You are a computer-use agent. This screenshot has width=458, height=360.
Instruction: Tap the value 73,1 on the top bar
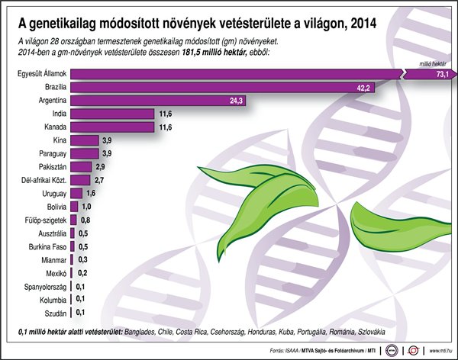pyautogui.click(x=441, y=75)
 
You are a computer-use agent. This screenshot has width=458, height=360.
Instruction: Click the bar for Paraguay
pyautogui.click(x=85, y=154)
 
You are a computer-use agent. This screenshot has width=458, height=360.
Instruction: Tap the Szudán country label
pyautogui.click(x=55, y=312)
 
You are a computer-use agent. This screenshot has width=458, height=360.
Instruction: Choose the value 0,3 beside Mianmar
pyautogui.click(x=82, y=259)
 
